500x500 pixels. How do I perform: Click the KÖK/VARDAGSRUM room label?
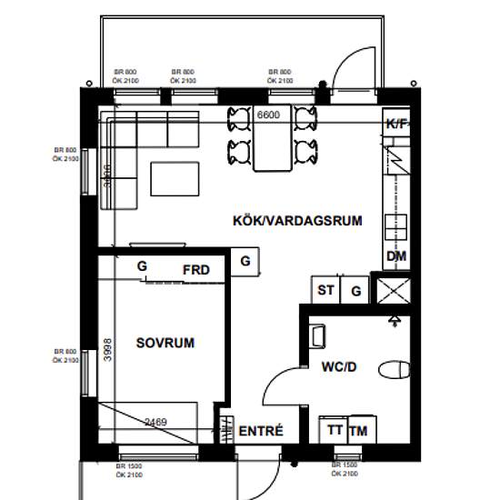tap(298, 220)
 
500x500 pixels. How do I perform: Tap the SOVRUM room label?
tap(165, 343)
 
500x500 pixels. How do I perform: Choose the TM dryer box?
tap(359, 430)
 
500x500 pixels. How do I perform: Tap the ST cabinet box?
tap(325, 291)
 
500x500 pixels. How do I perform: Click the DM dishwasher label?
tap(395, 256)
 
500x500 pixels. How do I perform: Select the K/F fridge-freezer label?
tap(396, 124)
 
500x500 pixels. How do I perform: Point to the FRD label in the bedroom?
tap(195, 270)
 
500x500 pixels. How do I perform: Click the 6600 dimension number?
tap(268, 115)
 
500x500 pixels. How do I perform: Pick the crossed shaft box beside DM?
tap(394, 291)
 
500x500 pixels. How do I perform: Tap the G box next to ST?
tap(356, 291)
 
